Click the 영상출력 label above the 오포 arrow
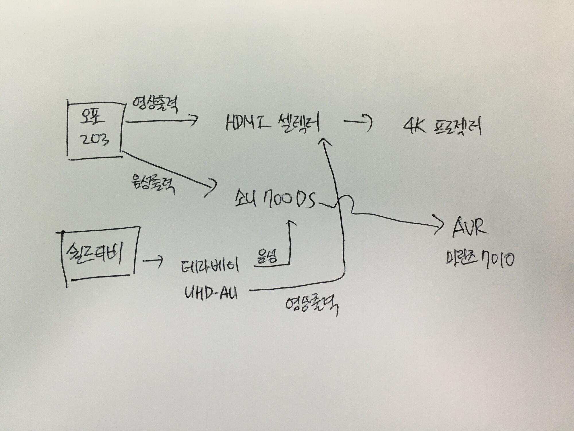tap(155, 106)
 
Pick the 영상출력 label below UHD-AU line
tap(311, 307)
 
